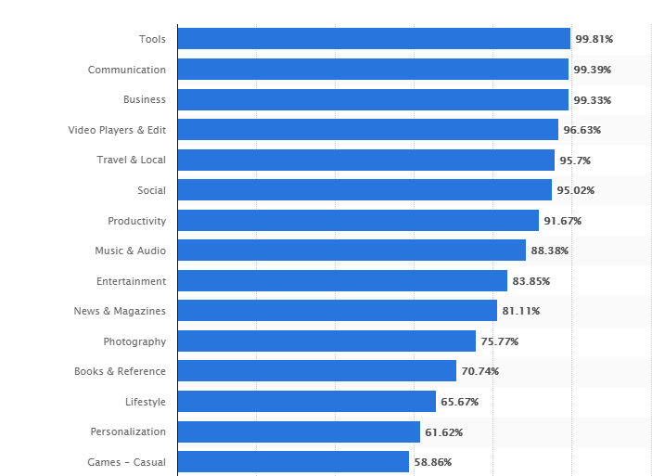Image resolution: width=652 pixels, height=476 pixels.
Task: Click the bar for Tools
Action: click(373, 39)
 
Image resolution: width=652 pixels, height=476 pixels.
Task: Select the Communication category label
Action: click(127, 70)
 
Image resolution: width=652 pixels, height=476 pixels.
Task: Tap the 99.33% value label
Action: click(593, 100)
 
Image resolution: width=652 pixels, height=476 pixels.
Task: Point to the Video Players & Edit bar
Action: click(367, 130)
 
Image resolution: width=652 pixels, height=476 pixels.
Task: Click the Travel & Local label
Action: click(132, 160)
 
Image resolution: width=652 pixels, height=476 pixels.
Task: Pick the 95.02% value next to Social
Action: click(576, 191)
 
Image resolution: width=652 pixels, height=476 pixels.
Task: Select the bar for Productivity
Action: click(358, 221)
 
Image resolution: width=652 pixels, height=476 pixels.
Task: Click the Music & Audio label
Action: click(130, 251)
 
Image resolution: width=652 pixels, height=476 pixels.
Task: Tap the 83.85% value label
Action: click(531, 281)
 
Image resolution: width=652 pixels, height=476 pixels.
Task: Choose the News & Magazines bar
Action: click(337, 311)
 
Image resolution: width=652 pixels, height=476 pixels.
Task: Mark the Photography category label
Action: click(134, 341)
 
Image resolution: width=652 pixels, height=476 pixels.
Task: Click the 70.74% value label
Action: click(480, 372)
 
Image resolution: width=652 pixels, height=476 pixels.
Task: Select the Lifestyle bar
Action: click(306, 402)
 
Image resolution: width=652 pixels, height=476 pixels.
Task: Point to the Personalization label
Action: click(128, 431)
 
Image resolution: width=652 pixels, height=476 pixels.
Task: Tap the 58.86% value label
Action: click(433, 462)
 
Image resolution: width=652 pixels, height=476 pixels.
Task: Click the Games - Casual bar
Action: click(293, 462)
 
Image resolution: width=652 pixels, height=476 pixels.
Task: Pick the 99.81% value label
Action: click(594, 39)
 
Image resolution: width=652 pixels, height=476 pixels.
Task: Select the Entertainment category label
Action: click(131, 281)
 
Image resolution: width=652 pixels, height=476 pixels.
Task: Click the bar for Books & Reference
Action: click(316, 371)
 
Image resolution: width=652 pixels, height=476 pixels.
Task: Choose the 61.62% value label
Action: click(444, 432)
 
